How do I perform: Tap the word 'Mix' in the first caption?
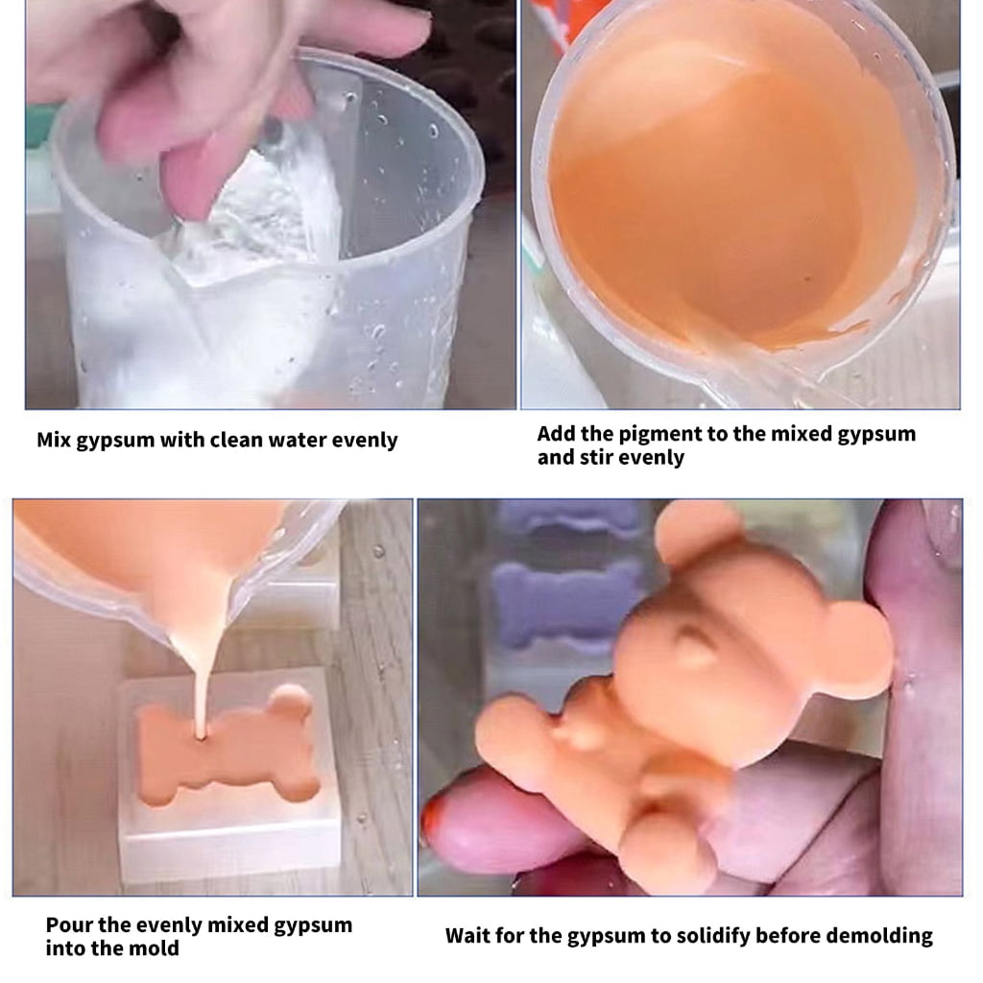(54, 440)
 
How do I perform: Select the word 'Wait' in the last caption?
(468, 936)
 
